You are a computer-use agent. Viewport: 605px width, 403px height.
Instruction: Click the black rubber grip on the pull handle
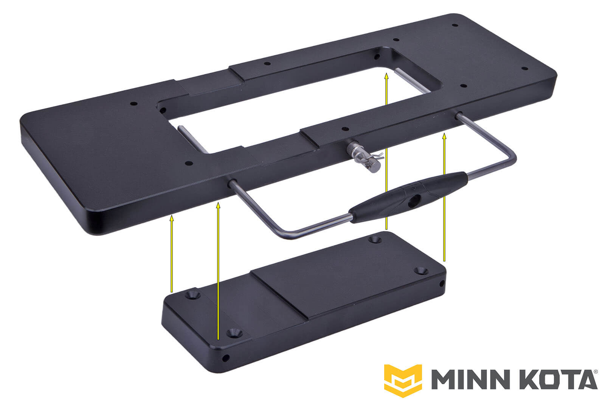pyautogui.click(x=408, y=197)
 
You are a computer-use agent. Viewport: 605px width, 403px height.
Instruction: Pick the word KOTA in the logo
pyautogui.click(x=552, y=380)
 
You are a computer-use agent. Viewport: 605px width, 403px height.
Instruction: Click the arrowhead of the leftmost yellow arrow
pyautogui.click(x=172, y=218)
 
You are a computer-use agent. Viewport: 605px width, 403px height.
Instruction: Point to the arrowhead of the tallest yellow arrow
pyautogui.click(x=386, y=76)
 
